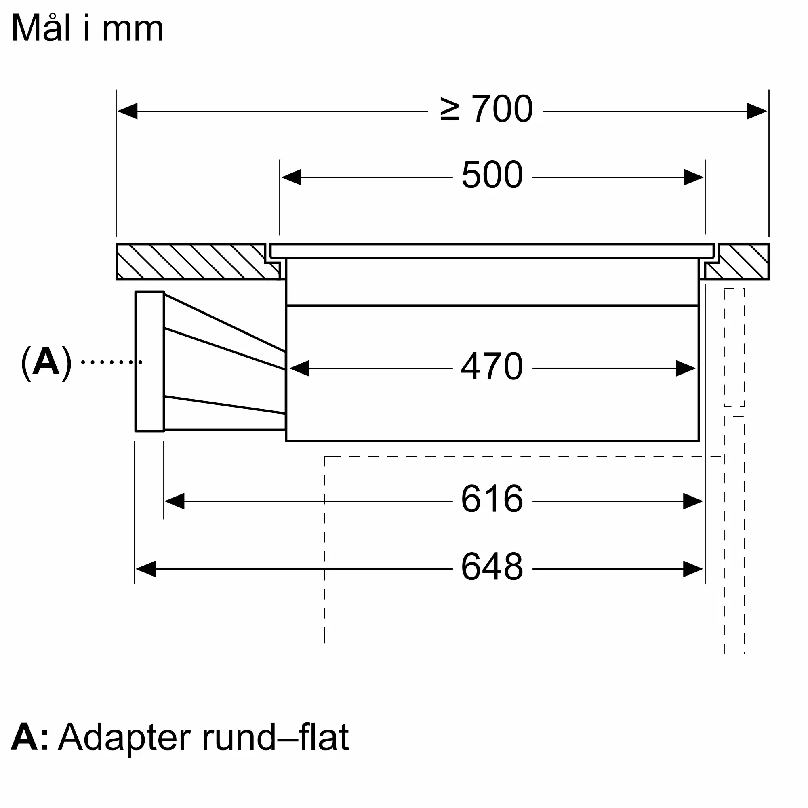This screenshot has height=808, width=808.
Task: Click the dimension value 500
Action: [x=492, y=175]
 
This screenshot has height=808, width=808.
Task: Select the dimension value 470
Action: [x=492, y=366]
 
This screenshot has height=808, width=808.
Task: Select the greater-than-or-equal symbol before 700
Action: [x=450, y=109]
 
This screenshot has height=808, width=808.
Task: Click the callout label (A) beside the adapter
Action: [x=46, y=362]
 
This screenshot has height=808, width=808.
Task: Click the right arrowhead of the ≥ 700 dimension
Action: [x=757, y=111]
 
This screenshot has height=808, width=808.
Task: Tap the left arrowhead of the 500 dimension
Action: [x=291, y=177]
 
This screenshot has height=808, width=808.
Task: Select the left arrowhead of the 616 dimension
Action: [x=175, y=501]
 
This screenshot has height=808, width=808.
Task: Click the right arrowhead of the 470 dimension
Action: [x=686, y=368]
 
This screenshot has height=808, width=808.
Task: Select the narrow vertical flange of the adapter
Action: [x=149, y=361]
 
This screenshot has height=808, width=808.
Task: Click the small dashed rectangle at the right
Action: [x=734, y=347]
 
